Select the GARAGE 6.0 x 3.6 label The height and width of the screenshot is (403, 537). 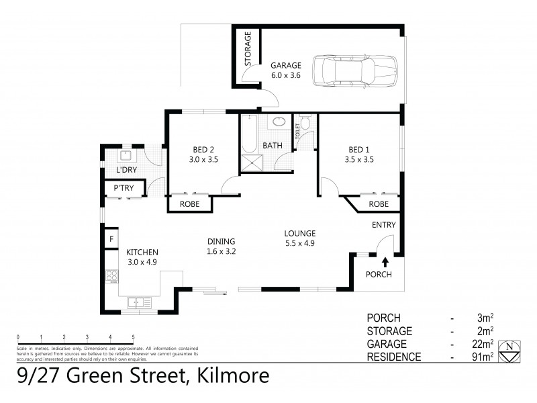tap(285, 71)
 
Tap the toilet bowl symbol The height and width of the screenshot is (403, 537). tap(305, 123)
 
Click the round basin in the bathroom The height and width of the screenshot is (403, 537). tap(278, 123)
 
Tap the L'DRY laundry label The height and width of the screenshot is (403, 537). tap(126, 169)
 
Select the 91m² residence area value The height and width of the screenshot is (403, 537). tap(485, 357)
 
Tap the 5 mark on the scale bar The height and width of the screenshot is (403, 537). tap(133, 337)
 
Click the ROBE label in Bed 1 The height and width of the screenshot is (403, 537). tap(379, 204)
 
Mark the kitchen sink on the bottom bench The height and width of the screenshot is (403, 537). tap(138, 302)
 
